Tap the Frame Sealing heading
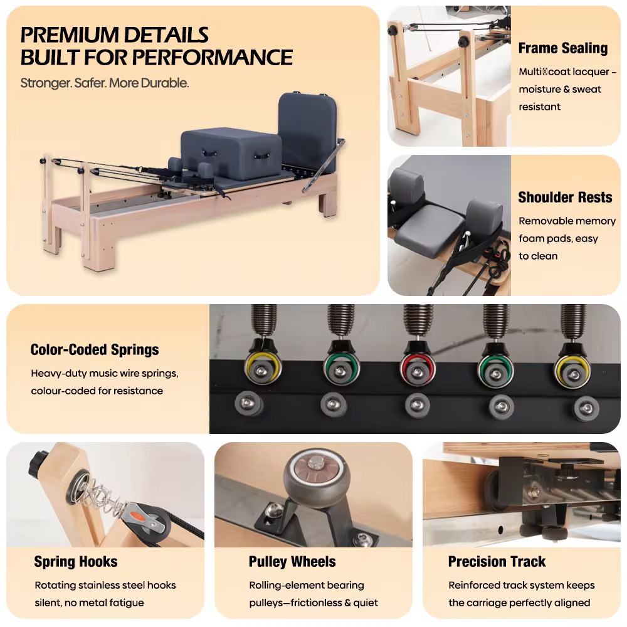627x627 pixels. click(x=563, y=48)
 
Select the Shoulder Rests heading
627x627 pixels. click(x=565, y=197)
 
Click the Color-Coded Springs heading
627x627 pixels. click(x=95, y=349)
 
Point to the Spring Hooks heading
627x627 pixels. click(x=76, y=562)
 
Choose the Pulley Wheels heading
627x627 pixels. click(x=292, y=562)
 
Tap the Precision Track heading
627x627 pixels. click(x=497, y=562)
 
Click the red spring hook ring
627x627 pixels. click(x=418, y=368)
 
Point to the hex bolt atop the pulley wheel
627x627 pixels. click(x=315, y=463)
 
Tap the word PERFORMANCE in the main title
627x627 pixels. click(x=213, y=57)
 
